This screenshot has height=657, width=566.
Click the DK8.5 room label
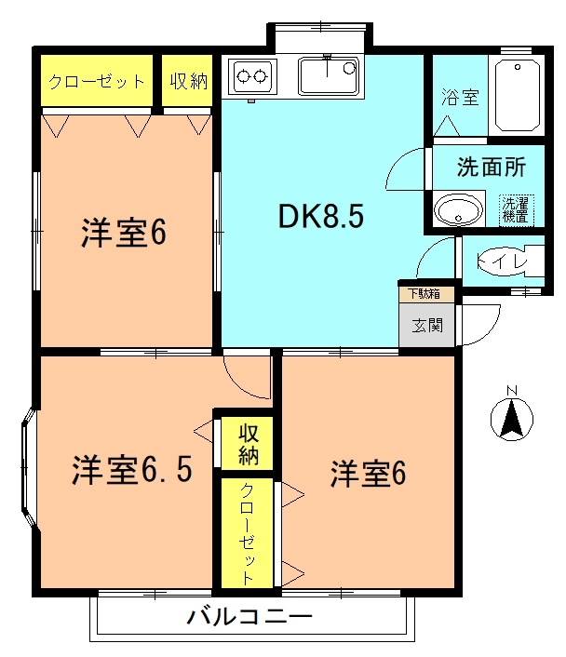point(321,216)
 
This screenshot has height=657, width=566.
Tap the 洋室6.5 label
point(132,469)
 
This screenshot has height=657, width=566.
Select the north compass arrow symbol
point(511,419)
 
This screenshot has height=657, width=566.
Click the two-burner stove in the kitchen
point(252,77)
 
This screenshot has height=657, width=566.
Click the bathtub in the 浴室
point(518,96)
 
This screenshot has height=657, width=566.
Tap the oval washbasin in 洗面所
point(458,209)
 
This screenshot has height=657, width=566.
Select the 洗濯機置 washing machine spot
point(516,210)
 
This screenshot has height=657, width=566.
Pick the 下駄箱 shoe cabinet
point(426,294)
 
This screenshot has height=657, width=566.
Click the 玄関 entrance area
point(426,325)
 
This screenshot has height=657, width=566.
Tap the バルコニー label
point(249,616)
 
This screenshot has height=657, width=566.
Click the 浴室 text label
point(460,97)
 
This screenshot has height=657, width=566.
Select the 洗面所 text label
point(492,167)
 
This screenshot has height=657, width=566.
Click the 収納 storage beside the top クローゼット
point(187,80)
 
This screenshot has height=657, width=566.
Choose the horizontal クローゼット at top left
point(97,80)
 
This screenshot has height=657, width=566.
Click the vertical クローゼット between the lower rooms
point(248,533)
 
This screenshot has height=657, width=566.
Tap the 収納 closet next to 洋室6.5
point(248,443)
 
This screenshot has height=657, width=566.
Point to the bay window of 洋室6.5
point(30,468)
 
